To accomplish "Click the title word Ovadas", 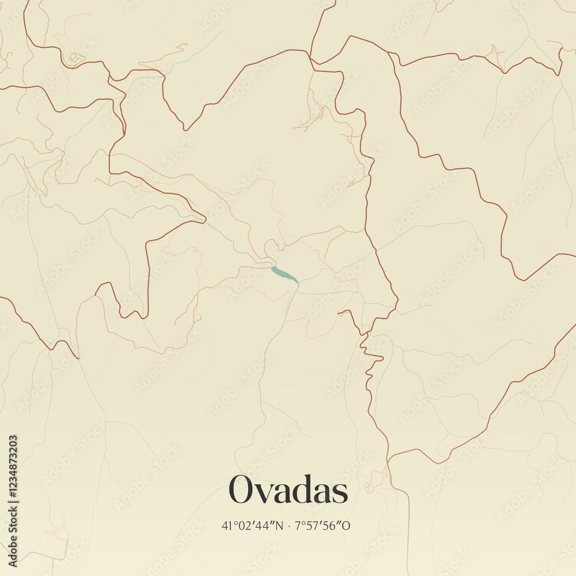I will coord(289,490).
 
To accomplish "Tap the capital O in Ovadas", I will coord(241,490).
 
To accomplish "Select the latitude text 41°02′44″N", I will coord(252,526).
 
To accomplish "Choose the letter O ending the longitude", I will coord(347,526).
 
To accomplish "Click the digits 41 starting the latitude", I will coord(226,526).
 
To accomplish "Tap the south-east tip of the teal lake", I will coord(298,283).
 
